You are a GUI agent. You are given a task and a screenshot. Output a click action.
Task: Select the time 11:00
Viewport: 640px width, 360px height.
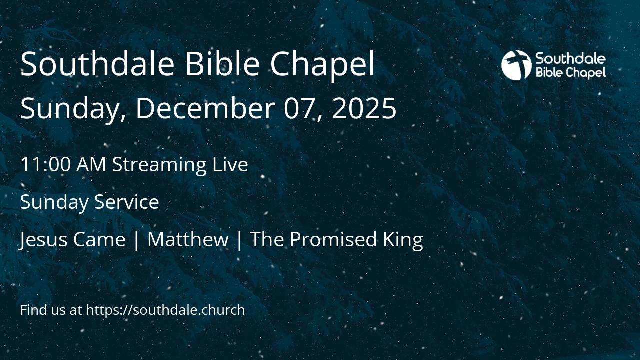[45, 164]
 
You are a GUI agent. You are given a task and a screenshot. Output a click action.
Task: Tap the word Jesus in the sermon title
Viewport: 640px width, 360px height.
[43, 240]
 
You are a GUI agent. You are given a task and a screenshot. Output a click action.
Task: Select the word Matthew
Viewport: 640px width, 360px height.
[188, 240]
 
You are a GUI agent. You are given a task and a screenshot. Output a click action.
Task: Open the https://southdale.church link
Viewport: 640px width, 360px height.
[165, 310]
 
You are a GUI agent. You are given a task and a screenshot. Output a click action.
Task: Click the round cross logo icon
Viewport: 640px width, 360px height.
[516, 65]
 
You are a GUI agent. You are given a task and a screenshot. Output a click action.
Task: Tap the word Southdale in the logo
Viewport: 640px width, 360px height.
[570, 59]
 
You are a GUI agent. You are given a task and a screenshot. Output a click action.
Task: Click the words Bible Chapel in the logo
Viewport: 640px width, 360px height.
[570, 73]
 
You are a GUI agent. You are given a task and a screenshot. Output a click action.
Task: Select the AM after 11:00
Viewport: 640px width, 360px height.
[91, 164]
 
